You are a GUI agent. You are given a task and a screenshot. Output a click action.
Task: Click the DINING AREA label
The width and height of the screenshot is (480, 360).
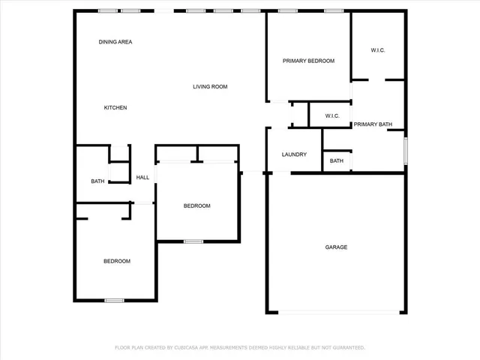(115, 42)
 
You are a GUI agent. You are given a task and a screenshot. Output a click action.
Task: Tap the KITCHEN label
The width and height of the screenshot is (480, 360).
(115, 108)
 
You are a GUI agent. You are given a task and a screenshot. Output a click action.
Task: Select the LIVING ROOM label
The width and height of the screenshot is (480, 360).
(210, 87)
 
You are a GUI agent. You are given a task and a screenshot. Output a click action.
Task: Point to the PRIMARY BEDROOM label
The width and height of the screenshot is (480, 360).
(308, 61)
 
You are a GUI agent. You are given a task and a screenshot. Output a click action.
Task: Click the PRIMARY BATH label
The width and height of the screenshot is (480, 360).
(373, 124)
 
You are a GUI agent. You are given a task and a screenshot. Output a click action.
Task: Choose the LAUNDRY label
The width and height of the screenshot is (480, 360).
(294, 154)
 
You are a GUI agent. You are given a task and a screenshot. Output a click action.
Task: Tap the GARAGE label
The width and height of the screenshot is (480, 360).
(336, 247)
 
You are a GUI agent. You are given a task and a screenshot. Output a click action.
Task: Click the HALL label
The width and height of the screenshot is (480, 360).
(142, 178)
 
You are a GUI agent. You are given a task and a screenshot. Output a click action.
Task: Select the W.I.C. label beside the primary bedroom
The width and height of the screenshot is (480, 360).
(378, 50)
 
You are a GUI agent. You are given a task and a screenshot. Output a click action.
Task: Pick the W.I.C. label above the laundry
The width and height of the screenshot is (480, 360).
(332, 115)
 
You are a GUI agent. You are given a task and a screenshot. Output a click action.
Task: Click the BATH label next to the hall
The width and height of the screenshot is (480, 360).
(97, 181)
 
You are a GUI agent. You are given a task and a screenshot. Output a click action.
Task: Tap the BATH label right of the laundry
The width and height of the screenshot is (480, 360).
(337, 160)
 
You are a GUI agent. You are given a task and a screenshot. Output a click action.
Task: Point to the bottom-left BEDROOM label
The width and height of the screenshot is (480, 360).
(117, 261)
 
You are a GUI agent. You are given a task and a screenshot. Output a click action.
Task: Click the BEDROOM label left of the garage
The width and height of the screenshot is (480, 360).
(197, 206)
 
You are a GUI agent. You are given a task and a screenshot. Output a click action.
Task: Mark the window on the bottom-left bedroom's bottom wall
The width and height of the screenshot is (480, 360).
(114, 301)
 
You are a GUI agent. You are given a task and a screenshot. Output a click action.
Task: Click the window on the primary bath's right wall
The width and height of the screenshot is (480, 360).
(406, 150)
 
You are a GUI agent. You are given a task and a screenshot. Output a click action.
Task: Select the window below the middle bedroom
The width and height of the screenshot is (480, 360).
(193, 241)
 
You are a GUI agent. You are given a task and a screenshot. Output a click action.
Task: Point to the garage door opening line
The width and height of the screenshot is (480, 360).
(336, 312)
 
